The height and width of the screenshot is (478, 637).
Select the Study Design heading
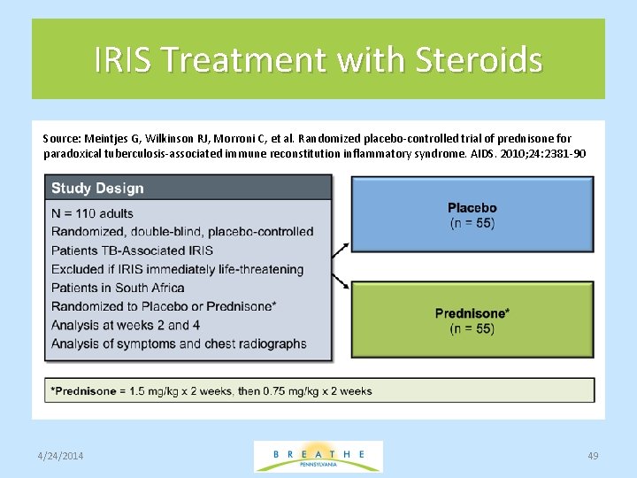(97, 188)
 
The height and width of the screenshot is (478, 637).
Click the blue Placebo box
(472, 214)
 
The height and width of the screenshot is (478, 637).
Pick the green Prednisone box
(472, 320)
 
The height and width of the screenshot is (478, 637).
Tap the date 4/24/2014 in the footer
(61, 455)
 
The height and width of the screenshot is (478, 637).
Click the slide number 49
(593, 455)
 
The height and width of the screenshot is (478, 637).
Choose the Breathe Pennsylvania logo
(318, 456)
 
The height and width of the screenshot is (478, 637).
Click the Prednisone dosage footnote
(212, 390)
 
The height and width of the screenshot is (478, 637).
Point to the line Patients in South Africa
(118, 288)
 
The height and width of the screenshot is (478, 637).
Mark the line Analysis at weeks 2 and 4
(126, 325)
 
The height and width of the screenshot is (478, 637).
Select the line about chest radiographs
(179, 343)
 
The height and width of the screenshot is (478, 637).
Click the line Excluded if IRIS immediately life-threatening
(177, 269)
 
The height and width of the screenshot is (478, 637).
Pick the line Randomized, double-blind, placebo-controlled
(182, 232)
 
